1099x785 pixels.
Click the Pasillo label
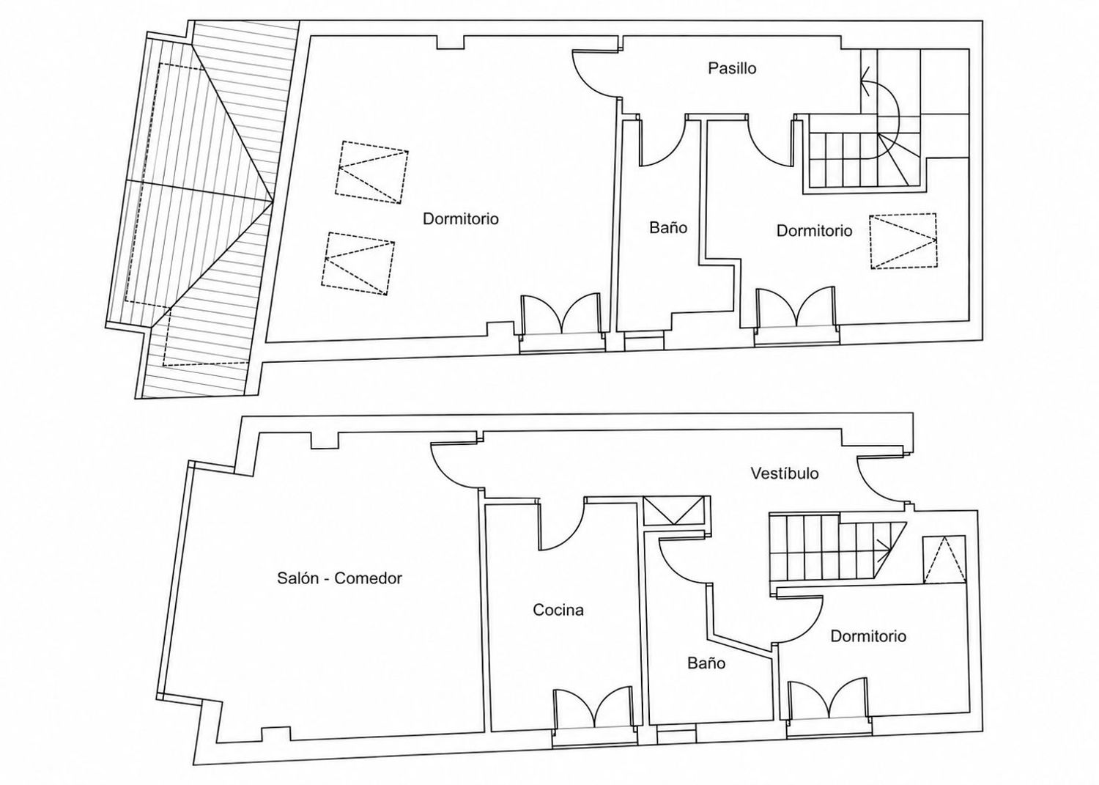pyautogui.click(x=732, y=68)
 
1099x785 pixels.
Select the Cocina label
pyautogui.click(x=558, y=610)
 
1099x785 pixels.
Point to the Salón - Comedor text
pyautogui.click(x=339, y=578)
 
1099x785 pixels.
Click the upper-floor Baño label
pyautogui.click(x=668, y=227)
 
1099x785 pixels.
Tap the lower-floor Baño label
pyautogui.click(x=706, y=663)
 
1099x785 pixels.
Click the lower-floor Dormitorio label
pyautogui.click(x=868, y=636)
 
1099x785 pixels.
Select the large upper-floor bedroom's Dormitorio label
pyautogui.click(x=461, y=218)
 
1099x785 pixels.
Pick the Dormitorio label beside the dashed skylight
pyautogui.click(x=815, y=231)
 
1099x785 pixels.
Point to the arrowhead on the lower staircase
pyautogui.click(x=884, y=545)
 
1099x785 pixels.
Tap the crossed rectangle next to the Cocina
pyautogui.click(x=674, y=511)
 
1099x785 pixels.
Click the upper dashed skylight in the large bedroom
pyautogui.click(x=372, y=172)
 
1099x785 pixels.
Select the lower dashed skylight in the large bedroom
pyautogui.click(x=358, y=264)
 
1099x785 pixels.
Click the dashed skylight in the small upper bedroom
pyautogui.click(x=903, y=241)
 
